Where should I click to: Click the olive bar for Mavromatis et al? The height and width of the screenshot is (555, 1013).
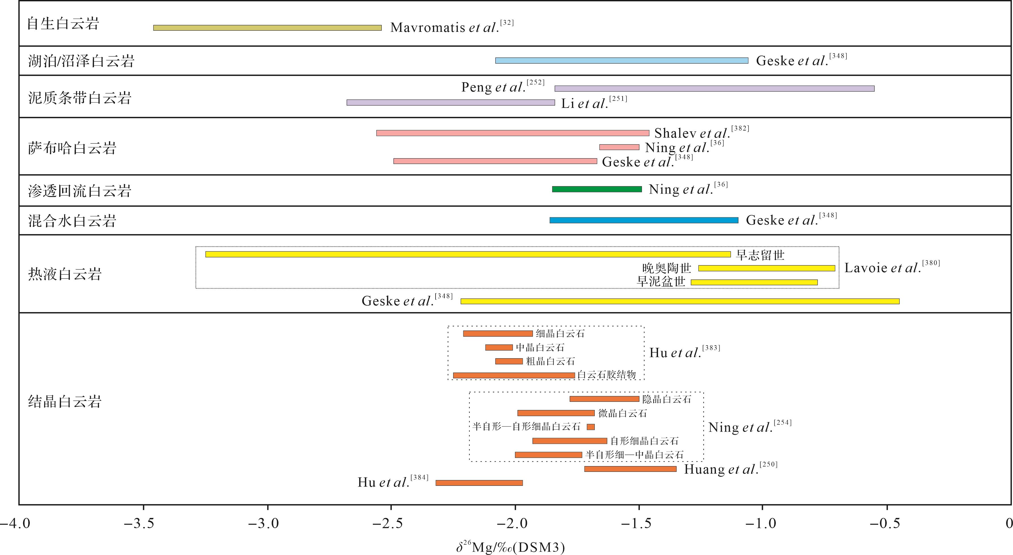[x=267, y=28]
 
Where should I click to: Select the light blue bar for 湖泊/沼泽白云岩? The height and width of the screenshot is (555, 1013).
[x=622, y=60]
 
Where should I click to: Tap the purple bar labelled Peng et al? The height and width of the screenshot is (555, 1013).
[x=714, y=89]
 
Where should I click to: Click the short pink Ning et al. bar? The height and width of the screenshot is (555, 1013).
[x=619, y=147]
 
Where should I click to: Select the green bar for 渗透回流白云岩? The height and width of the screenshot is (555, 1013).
[x=597, y=189]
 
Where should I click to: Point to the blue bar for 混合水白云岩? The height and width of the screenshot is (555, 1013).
[x=644, y=220]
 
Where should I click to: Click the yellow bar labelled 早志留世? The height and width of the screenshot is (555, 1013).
[x=468, y=255]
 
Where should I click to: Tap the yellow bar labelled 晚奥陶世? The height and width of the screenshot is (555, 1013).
[x=766, y=268]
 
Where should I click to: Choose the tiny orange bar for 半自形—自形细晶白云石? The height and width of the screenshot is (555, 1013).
[x=591, y=427]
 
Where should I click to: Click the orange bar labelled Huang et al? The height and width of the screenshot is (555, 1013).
[x=631, y=469]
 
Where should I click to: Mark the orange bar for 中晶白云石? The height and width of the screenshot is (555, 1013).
[x=499, y=348]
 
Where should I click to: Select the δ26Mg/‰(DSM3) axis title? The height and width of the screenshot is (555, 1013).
[x=510, y=547]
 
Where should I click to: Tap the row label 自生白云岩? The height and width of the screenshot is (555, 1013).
[x=63, y=24]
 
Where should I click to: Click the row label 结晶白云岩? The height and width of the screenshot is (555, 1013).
[x=65, y=401]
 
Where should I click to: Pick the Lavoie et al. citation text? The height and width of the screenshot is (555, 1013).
[x=892, y=268]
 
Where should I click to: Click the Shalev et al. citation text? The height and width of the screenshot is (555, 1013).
[x=701, y=133]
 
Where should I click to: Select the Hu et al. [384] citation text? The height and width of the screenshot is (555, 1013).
[x=392, y=482]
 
